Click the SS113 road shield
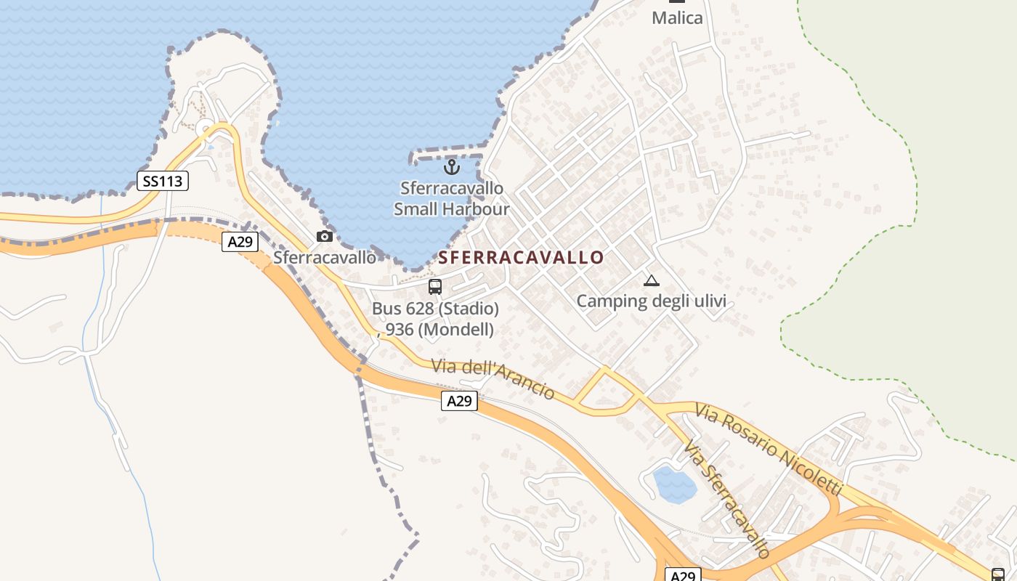163,181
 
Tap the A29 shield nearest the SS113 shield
240,242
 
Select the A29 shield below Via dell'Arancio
459,400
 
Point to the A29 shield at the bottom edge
683,575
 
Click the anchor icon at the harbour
452,168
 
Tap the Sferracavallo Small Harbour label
452,199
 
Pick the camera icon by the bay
325,236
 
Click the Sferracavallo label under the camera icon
325,258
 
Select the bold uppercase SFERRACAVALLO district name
521,258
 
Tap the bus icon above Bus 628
435,287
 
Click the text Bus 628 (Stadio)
435,309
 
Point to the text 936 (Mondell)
439,329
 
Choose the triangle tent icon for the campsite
651,281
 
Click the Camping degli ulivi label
651,301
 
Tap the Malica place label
677,18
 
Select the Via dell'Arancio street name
493,378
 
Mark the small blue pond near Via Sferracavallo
675,485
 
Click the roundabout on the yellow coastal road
206,129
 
